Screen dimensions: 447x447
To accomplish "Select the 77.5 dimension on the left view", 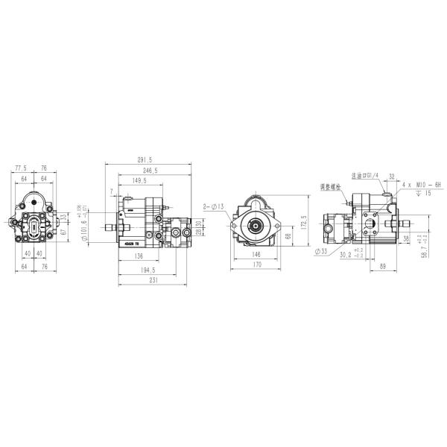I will (x=21, y=168).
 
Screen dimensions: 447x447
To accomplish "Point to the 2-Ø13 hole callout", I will (x=213, y=206).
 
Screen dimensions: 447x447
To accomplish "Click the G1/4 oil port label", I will (x=366, y=175).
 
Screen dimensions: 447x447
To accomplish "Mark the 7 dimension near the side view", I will (x=112, y=191).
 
